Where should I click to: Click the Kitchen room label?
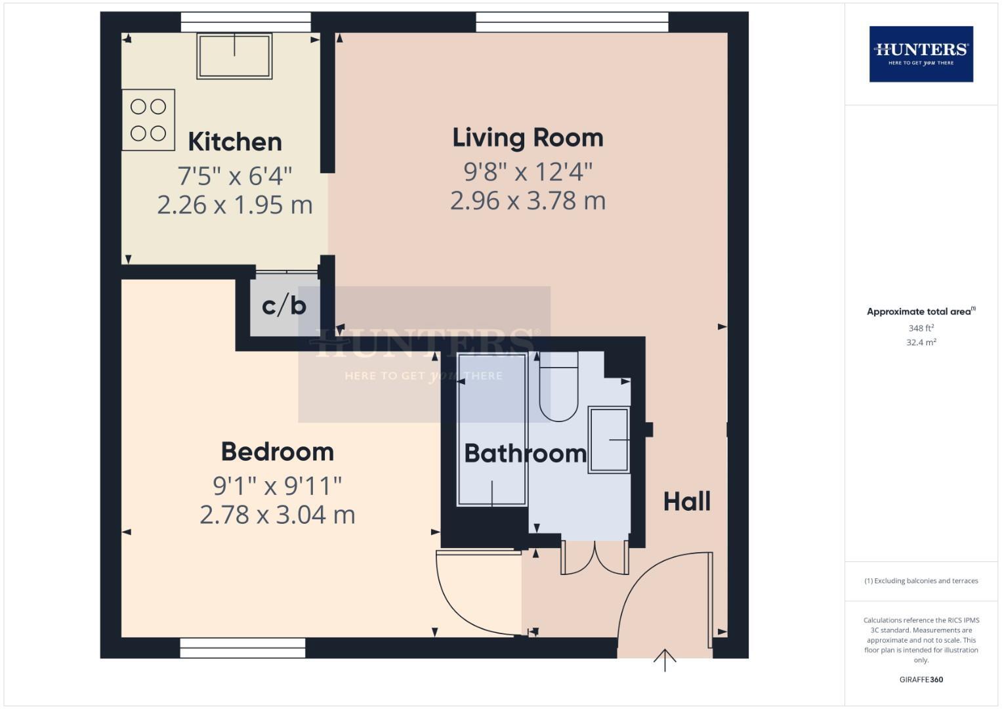235,142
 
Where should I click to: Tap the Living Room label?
528,138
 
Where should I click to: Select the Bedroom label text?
277,452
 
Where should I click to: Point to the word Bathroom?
525,454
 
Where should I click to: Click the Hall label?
686,502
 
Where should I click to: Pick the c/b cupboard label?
284,305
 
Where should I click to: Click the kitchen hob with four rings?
148,120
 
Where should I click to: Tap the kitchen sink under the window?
235,56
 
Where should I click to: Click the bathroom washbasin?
609,439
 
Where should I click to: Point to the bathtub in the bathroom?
492,430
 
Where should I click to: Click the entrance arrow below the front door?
665,660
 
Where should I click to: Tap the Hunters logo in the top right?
921,54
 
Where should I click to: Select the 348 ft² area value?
921,328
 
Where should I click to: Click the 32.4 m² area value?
921,342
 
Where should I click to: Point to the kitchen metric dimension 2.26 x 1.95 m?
235,205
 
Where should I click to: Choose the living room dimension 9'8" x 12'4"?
528,172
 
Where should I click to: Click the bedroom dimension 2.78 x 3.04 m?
277,515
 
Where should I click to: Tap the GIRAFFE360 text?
921,679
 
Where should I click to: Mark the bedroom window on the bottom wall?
243,647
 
